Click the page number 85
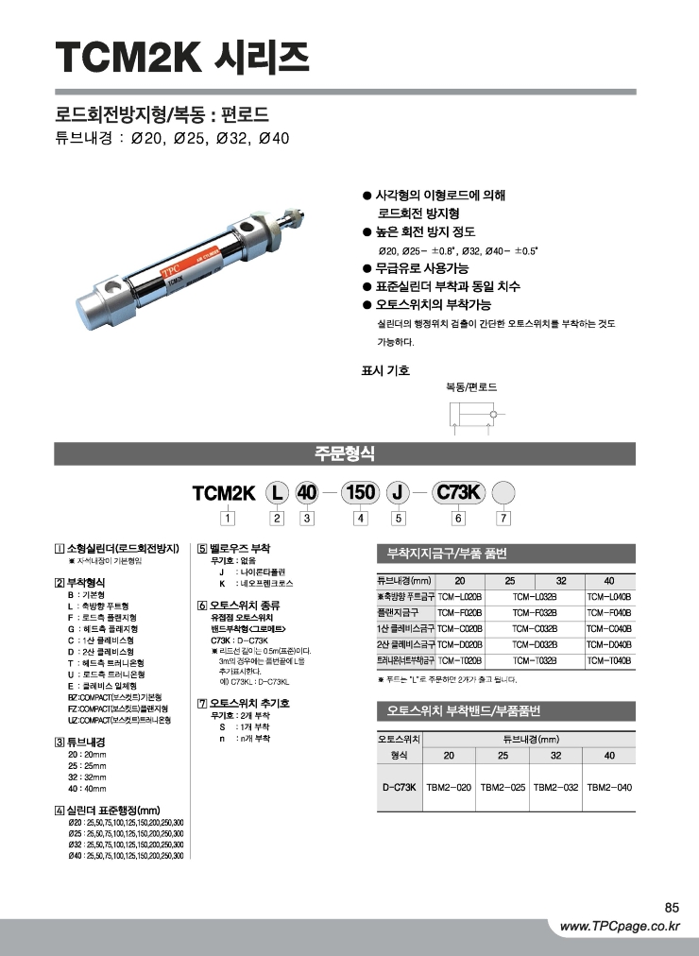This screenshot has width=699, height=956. click(x=672, y=907)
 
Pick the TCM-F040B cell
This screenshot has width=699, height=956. click(x=608, y=613)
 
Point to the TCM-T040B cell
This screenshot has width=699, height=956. click(x=608, y=660)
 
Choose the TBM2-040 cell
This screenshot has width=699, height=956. click(x=609, y=786)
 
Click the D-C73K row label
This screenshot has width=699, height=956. click(x=400, y=786)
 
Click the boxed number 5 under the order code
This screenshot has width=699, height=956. click(x=399, y=517)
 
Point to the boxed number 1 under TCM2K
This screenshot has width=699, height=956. click(x=226, y=517)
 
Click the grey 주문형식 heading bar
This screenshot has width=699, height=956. click(x=349, y=453)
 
